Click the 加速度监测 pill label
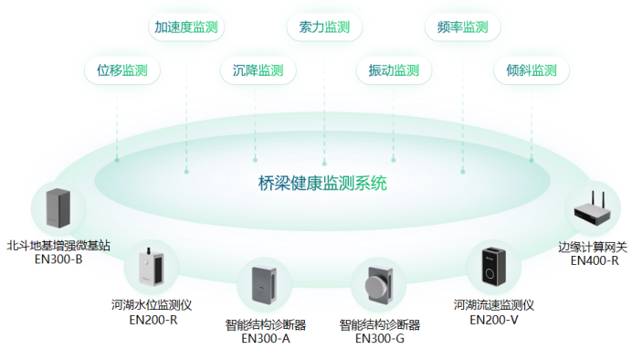pos(185,27)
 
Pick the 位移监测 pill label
pos(122,69)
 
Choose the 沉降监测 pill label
pos(258,69)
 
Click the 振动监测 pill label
pos(394,69)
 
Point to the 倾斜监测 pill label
pos(532,69)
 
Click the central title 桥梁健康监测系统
pos(322,183)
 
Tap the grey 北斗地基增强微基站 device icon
pos(58,209)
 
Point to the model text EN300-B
pos(58,259)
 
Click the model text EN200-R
pos(153,319)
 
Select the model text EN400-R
pos(595,259)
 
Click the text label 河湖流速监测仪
pos(493,304)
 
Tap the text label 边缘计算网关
pos(594,246)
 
